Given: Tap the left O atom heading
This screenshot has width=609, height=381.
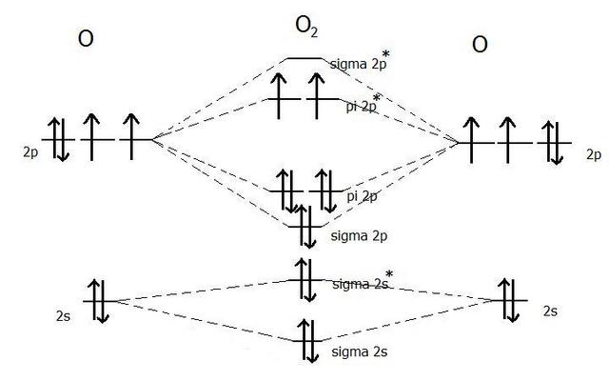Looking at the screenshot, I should click(x=87, y=41).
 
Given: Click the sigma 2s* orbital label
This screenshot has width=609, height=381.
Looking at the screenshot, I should click(x=363, y=283).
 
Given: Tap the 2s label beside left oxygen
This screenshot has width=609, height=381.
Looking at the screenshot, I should click(x=64, y=311).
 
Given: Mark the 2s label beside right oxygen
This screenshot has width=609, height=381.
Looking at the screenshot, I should click(x=550, y=311).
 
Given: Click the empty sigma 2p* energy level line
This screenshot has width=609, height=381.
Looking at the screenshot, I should click(x=304, y=58).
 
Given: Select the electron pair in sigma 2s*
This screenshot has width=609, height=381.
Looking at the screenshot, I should click(x=306, y=279).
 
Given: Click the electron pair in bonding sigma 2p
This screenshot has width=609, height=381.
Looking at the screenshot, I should click(x=306, y=225).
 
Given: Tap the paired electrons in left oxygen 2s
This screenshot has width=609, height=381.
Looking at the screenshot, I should click(x=98, y=301).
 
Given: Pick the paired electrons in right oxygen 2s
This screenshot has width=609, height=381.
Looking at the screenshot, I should click(x=511, y=301).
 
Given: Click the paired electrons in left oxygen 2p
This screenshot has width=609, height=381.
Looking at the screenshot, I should click(x=58, y=139).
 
